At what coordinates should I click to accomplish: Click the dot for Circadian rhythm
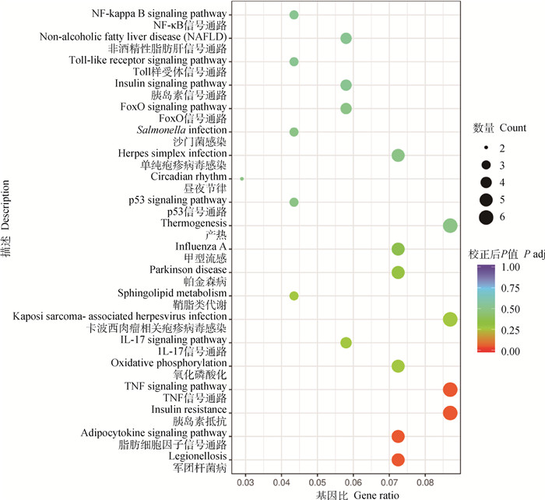click(242, 179)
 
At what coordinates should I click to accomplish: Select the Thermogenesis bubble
click(450, 226)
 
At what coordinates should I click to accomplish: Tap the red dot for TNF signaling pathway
click(450, 390)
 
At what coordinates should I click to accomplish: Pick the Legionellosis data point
click(398, 460)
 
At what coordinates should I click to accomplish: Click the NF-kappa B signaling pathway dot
click(294, 15)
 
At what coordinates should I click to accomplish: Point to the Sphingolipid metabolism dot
click(294, 295)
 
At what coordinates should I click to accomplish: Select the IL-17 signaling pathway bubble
click(346, 342)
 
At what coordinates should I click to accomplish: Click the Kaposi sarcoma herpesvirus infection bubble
click(450, 319)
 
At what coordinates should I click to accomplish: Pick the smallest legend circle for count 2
click(485, 147)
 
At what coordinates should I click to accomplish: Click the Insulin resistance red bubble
click(450, 413)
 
